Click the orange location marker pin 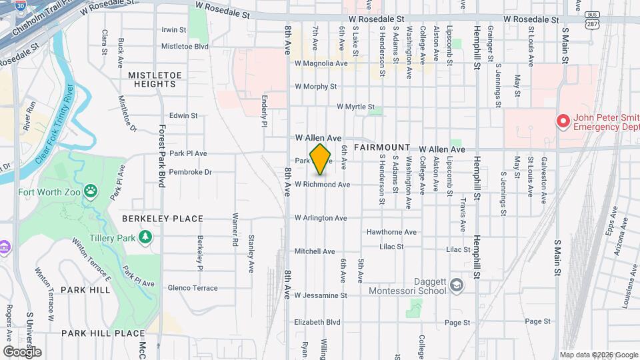pos(321,159)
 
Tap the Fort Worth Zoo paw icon pos(91,192)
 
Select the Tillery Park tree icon pos(145,237)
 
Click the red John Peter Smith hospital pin pos(563,121)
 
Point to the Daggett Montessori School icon pos(456,285)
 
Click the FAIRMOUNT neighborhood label pos(382,147)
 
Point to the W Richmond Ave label pos(322,184)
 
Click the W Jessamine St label pos(321,295)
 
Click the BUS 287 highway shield pos(591,19)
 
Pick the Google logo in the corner pos(22,351)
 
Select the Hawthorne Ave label pos(391,232)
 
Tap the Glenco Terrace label pos(193,288)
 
